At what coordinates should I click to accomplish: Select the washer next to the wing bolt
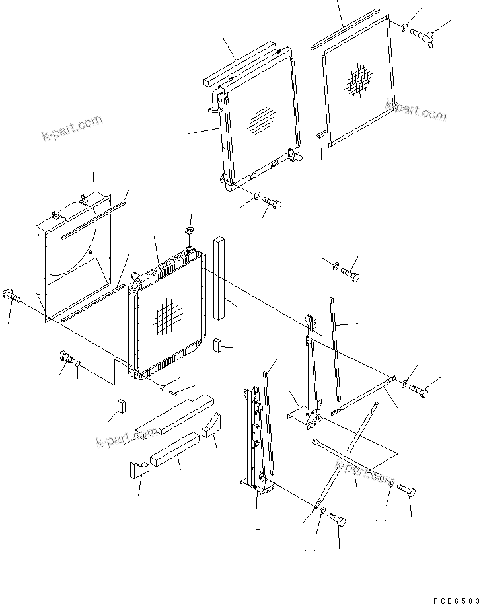coord(404,27)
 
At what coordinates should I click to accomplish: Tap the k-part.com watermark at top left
coord(71,128)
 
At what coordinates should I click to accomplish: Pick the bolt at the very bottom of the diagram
coord(337,520)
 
